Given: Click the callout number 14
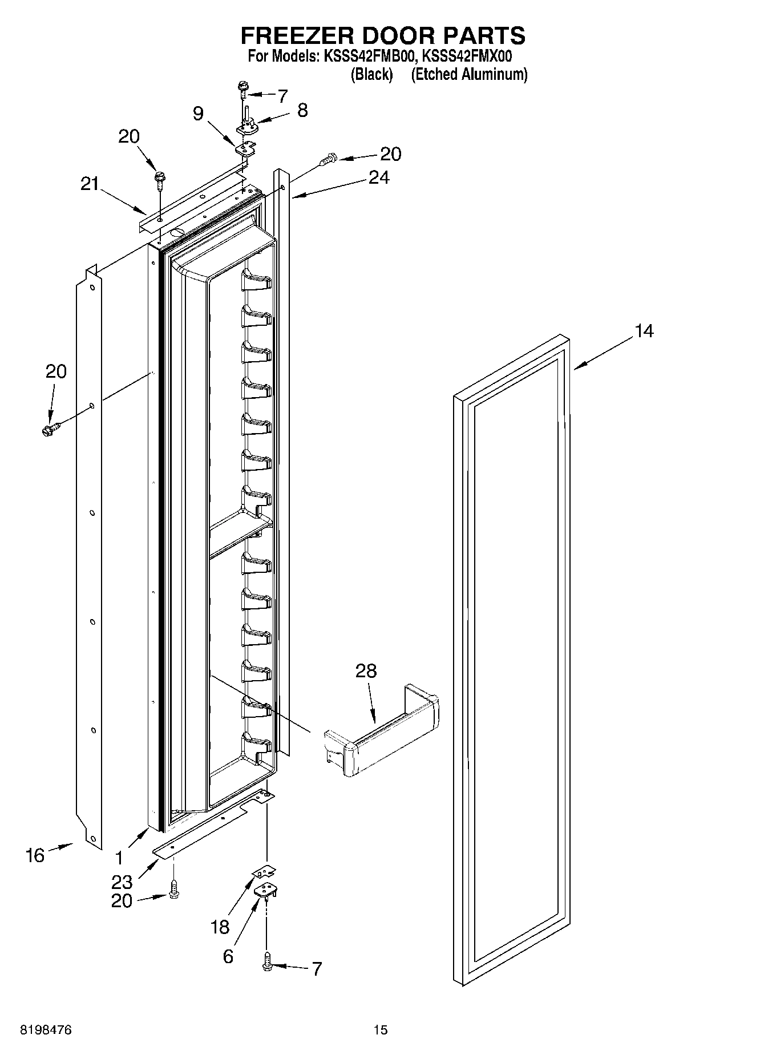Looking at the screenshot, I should [644, 331].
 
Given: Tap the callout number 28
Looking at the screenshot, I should [366, 670].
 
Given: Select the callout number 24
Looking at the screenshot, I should [379, 178].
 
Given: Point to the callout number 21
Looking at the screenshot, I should [89, 184].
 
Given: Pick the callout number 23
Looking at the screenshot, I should [122, 882].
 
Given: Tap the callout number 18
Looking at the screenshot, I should [220, 927].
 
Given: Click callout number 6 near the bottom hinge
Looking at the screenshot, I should [228, 956].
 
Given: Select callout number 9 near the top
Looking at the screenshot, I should [197, 114].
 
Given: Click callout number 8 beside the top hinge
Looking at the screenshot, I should [302, 110].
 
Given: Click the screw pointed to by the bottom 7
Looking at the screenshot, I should [266, 964].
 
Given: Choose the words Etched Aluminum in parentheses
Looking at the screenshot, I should [469, 74].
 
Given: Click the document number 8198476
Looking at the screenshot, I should [45, 1030].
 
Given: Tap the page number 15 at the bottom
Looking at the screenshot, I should [381, 1030].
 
